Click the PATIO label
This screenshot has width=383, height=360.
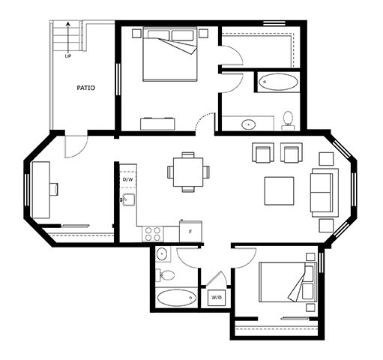[x=85, y=88]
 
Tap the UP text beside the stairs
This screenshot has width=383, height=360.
[x=68, y=56]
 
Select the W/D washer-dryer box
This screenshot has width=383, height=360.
[x=217, y=298]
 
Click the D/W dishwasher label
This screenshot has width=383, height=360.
[x=128, y=179]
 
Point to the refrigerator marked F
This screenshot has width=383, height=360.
[x=190, y=231]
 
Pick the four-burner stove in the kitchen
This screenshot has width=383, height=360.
[x=153, y=234]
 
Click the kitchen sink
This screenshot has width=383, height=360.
[x=129, y=199]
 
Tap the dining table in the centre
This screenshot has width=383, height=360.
[x=188, y=172]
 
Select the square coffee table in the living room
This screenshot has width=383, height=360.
[x=280, y=191]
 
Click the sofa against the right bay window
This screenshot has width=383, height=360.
[x=324, y=193]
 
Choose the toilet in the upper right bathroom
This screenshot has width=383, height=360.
[x=289, y=121]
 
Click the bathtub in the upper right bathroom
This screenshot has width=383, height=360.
[x=278, y=82]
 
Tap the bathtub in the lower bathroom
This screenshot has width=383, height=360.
[x=177, y=298]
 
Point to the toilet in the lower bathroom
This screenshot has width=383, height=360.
[x=165, y=275]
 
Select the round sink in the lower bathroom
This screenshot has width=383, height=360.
[x=162, y=254]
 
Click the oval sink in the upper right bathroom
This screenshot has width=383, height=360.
[x=248, y=124]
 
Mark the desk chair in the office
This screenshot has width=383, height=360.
[x=54, y=189]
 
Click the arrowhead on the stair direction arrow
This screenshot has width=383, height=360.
[x=67, y=24]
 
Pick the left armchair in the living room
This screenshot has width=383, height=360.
[x=263, y=153]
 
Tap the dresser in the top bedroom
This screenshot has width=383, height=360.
[x=157, y=124]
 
